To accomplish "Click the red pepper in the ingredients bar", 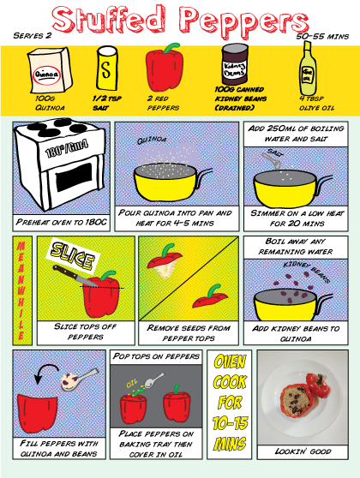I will click(165, 69).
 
